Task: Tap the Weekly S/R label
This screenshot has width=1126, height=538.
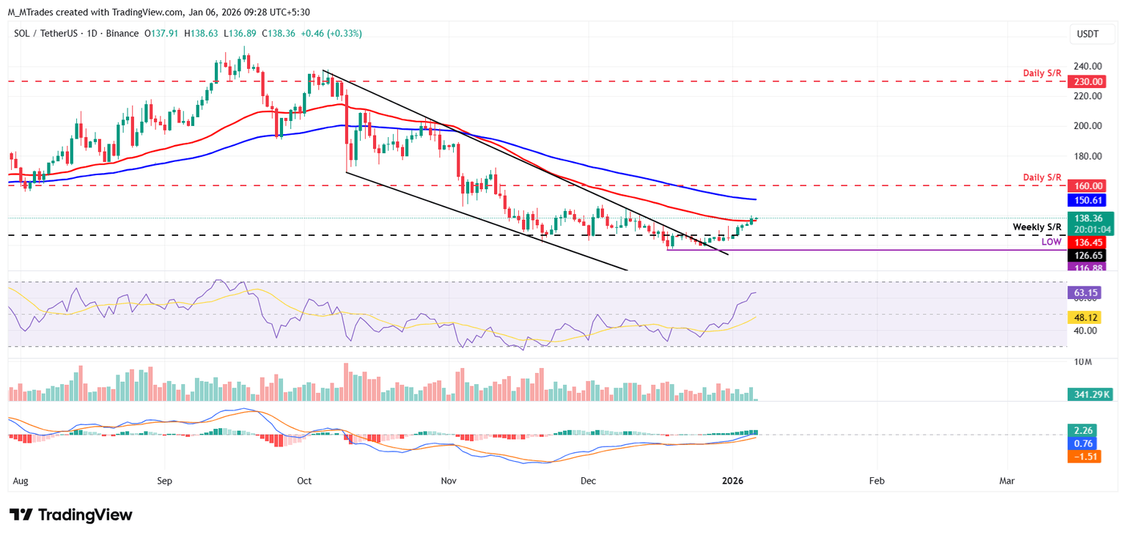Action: [x=1037, y=227]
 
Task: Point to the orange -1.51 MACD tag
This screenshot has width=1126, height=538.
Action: [x=1082, y=456]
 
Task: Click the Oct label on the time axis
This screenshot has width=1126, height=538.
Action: [x=304, y=482]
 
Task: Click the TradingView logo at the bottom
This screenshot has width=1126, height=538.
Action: [x=71, y=515]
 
